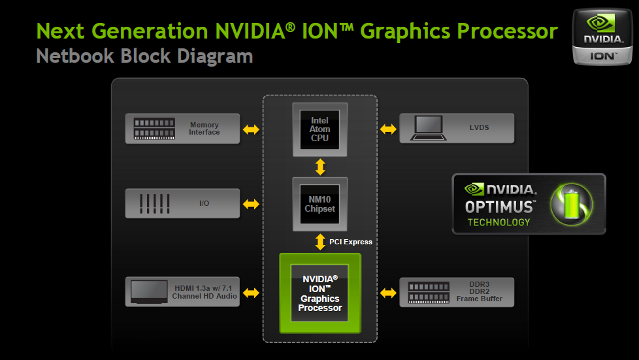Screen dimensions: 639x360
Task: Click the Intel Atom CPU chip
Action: pos(320,129)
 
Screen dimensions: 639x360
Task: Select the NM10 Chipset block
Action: pos(320,204)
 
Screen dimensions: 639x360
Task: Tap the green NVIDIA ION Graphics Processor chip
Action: pos(320,293)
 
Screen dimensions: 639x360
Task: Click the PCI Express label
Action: pos(351,242)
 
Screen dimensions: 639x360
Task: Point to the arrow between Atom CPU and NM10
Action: pos(320,167)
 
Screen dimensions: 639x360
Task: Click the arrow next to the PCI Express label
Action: pos(320,242)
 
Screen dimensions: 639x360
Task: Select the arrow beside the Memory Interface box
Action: pos(251,129)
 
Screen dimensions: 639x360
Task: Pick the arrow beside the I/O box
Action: pos(251,204)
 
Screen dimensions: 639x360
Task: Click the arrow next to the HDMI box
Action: pos(251,293)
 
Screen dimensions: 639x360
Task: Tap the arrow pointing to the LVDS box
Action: pos(388,129)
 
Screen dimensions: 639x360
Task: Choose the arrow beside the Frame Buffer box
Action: pos(388,293)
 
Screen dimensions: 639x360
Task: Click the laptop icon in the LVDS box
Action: pos(429,128)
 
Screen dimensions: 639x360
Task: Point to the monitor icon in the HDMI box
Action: pos(149,292)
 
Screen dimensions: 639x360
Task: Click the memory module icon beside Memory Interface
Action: pos(154,129)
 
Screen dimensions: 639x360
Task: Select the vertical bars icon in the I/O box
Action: pos(154,203)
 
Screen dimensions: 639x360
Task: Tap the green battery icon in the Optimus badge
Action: pos(572,204)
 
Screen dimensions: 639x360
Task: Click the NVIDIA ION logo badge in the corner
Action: pos(602,37)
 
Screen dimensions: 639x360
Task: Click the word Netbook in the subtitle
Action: pos(75,56)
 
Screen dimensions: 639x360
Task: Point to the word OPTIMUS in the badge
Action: pos(500,207)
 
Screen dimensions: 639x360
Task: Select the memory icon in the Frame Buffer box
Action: pos(429,293)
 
